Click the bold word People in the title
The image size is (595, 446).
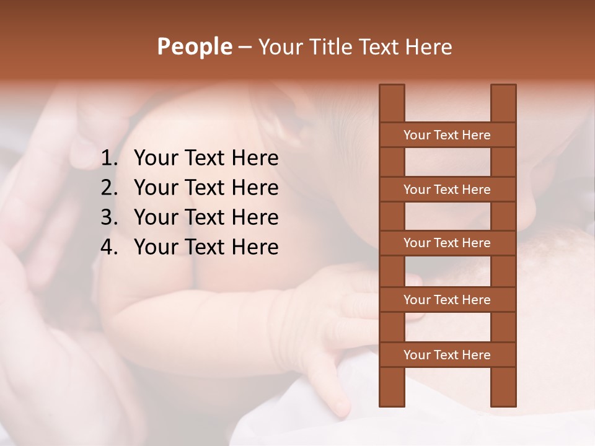coord(194,46)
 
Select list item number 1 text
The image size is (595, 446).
coord(206,159)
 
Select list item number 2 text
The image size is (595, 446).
coord(206,188)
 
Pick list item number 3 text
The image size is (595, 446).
coord(206,217)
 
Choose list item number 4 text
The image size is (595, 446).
coord(206,247)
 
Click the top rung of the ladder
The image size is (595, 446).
coord(447,135)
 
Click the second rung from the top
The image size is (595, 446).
coord(447,190)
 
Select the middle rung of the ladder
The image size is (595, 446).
coord(447,243)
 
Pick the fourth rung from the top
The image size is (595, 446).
coord(447,300)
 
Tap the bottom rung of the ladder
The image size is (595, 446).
coord(447,355)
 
